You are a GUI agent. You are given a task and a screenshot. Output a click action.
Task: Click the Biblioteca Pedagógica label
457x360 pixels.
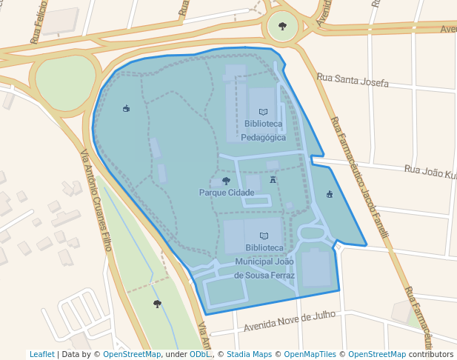pyautogui.click(x=263, y=130)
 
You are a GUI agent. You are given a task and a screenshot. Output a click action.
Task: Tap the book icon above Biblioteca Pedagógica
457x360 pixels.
pyautogui.click(x=263, y=111)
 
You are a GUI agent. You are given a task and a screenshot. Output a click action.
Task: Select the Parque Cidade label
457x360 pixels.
pyautogui.click(x=227, y=193)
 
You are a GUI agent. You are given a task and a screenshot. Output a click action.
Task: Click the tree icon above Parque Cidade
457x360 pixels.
pyautogui.click(x=226, y=181)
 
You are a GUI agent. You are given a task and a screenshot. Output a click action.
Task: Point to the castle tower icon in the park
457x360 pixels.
pyautogui.click(x=273, y=179)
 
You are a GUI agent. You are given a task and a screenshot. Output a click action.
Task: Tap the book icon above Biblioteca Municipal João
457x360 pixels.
pyautogui.click(x=264, y=236)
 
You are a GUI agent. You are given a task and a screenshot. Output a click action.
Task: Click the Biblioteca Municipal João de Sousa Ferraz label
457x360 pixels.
pyautogui.click(x=264, y=261)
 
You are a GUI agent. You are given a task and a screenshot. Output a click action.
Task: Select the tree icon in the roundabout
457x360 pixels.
pyautogui.click(x=282, y=26)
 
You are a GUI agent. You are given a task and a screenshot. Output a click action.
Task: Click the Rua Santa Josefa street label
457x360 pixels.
pyautogui.click(x=353, y=80)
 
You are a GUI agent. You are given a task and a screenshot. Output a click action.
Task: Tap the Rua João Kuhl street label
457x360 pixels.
pyautogui.click(x=430, y=172)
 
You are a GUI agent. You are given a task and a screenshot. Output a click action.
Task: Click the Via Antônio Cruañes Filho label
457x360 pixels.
pyautogui.click(x=96, y=200)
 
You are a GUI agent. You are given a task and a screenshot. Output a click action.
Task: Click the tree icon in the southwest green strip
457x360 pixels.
pyautogui.click(x=157, y=304)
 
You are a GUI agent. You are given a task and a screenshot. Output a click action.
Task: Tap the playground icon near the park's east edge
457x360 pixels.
pyautogui.click(x=330, y=195)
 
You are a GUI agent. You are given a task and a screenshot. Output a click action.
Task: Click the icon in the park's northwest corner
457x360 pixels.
pyautogui.click(x=127, y=109)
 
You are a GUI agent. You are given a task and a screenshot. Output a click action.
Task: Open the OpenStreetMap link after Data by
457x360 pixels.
pyautogui.click(x=131, y=355)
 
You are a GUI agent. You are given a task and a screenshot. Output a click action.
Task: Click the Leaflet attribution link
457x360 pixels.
pyautogui.click(x=41, y=355)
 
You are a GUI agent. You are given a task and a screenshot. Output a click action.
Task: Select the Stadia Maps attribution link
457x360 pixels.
pyautogui.click(x=249, y=355)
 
